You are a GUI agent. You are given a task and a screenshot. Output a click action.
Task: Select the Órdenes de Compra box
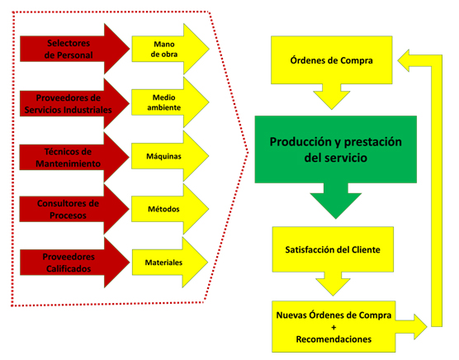(331, 60)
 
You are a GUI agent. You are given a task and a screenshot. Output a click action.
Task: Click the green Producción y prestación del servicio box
(336, 149)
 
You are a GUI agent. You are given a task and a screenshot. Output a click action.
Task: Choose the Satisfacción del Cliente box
(333, 249)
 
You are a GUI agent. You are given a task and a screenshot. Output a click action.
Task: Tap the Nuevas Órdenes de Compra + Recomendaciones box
(334, 327)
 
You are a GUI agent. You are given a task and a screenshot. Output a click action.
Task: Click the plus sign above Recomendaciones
(334, 327)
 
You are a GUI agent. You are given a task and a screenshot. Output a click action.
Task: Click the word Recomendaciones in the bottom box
(334, 339)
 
